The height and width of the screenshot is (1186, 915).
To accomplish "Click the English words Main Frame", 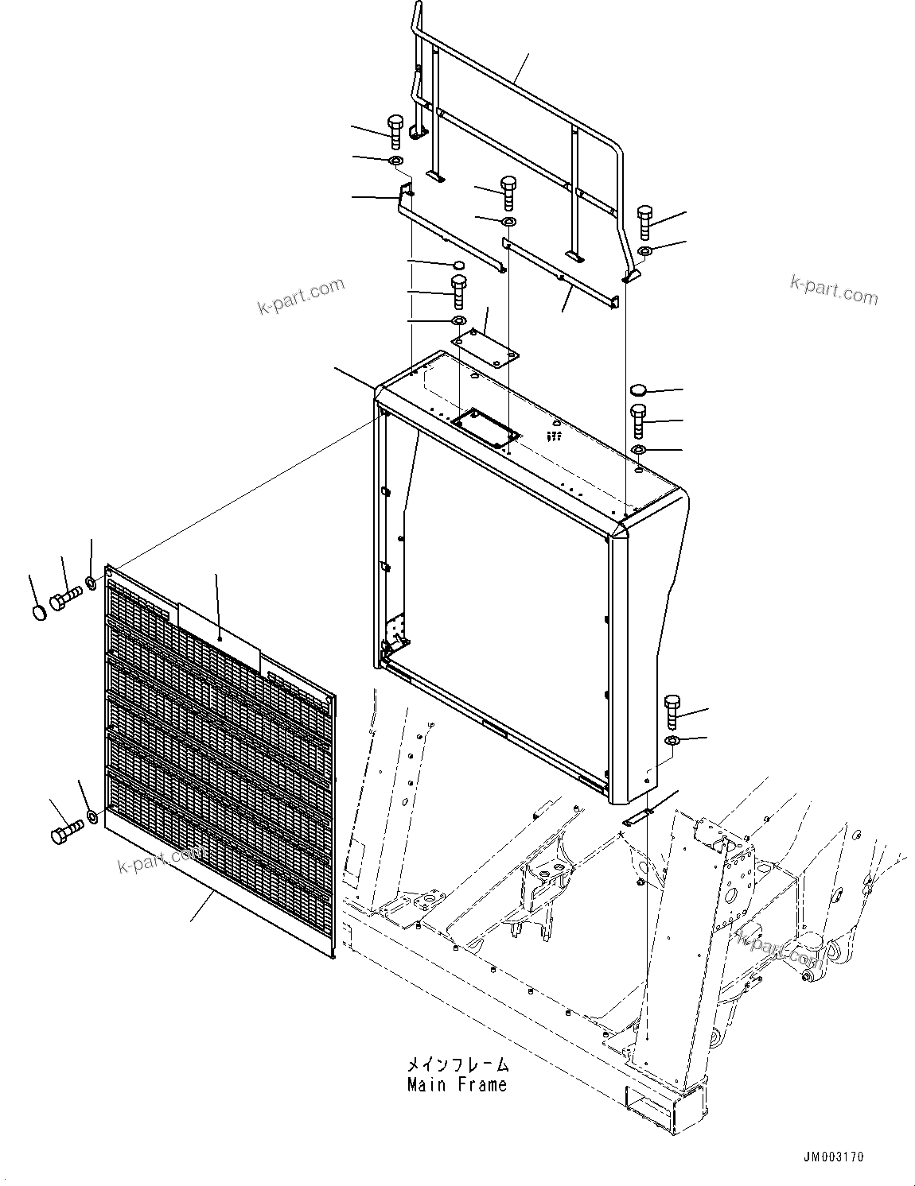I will [x=456, y=1084].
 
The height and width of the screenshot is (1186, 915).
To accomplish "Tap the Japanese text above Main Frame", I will [x=457, y=1065].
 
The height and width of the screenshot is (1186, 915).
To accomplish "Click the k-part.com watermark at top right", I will [x=834, y=290].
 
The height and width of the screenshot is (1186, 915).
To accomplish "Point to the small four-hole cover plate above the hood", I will [x=485, y=347].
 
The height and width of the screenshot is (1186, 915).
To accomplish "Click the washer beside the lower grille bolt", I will [x=93, y=816].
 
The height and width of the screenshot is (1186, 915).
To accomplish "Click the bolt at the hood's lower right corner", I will [x=672, y=710].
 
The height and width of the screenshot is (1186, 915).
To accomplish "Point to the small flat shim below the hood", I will [x=637, y=816].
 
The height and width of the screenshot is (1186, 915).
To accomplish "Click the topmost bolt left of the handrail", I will [x=395, y=131].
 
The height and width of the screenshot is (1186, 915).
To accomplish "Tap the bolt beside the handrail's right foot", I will [x=644, y=222].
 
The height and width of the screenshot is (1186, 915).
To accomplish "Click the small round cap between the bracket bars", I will [x=457, y=265].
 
